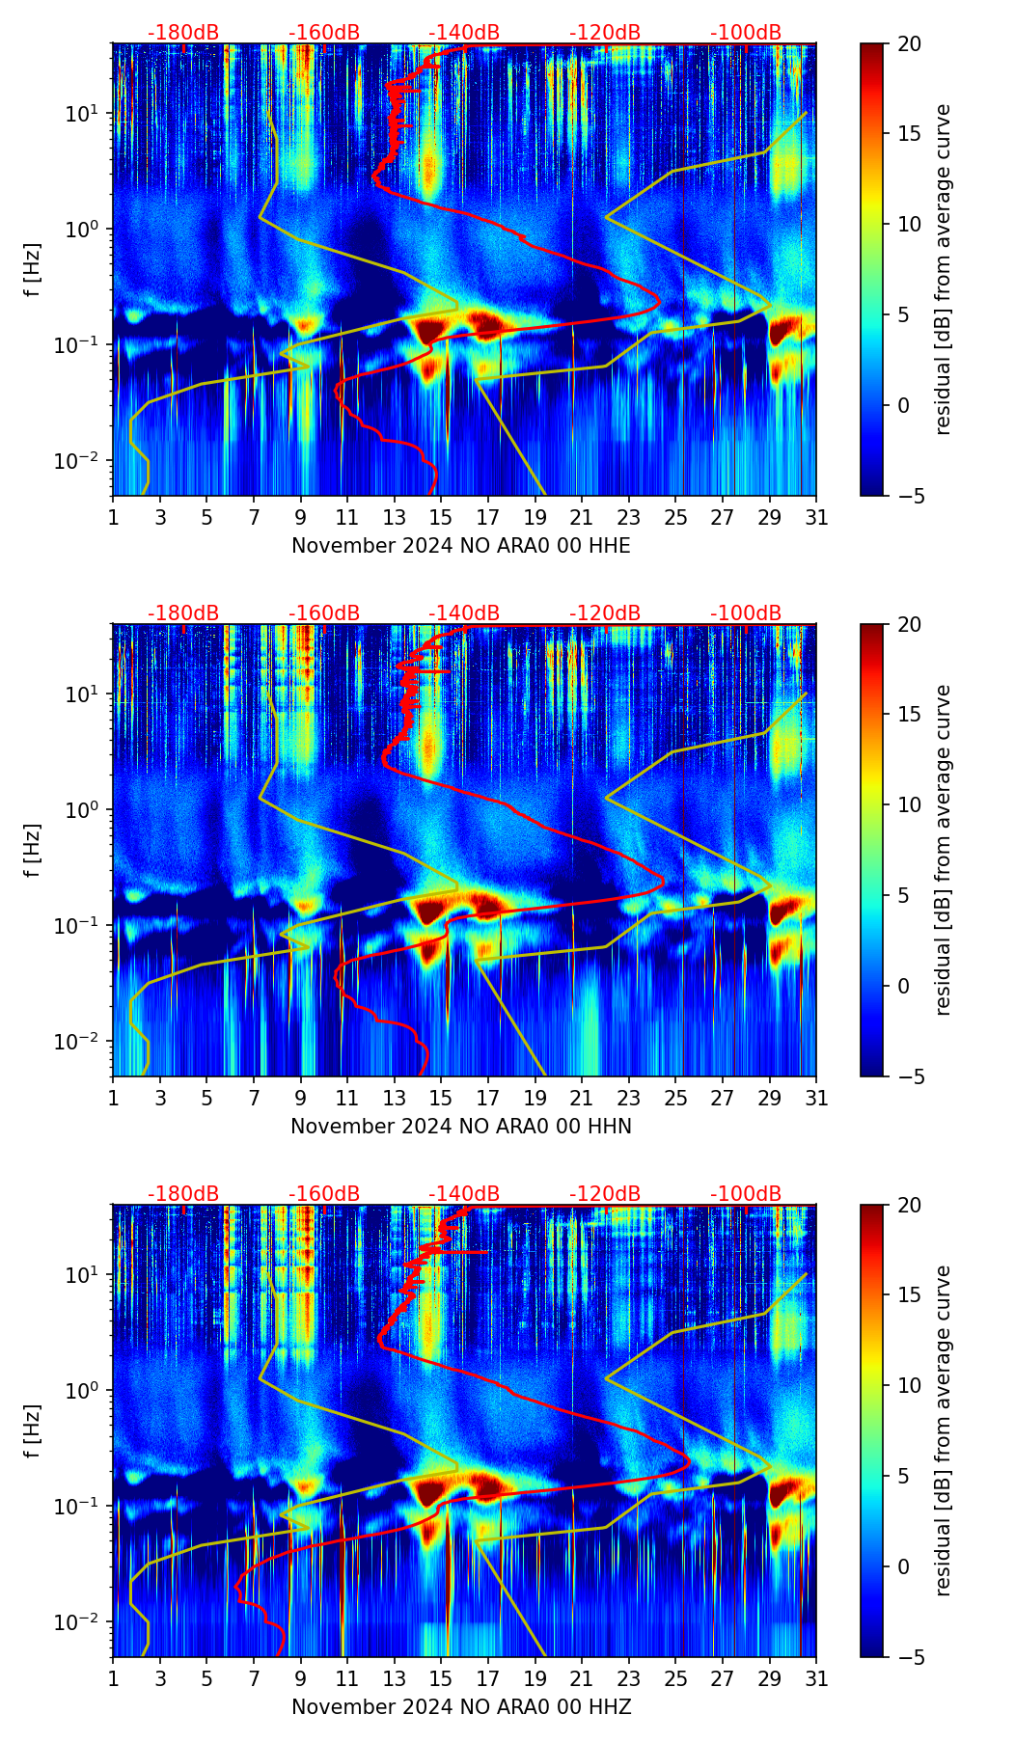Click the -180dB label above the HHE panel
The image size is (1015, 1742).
click(183, 33)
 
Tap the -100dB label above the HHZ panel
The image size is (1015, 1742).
click(746, 1194)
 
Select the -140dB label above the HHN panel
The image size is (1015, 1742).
click(464, 613)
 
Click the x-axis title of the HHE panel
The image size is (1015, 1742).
click(461, 546)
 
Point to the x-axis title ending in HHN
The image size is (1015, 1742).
click(461, 1127)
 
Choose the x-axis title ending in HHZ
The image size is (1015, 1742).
click(461, 1707)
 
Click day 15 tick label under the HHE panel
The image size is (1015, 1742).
click(441, 518)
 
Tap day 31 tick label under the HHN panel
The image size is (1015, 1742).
click(816, 1099)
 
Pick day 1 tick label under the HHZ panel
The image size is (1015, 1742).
click(113, 1679)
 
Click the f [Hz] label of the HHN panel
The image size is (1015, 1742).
click(33, 850)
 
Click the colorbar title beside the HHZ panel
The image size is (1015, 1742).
click(943, 1430)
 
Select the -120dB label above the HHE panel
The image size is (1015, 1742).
click(605, 33)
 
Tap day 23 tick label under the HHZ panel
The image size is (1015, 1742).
click(628, 1679)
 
